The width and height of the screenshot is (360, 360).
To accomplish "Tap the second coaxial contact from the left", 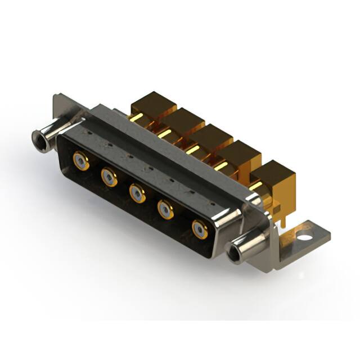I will pos(109,178).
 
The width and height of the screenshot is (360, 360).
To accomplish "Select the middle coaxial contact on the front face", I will pos(137,193).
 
